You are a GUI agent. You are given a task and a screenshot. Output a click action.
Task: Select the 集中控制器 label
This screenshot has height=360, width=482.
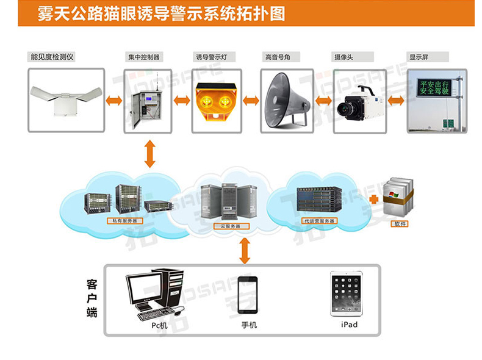coord(143,57)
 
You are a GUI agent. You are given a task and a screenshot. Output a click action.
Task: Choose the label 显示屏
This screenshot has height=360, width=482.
coord(419,57)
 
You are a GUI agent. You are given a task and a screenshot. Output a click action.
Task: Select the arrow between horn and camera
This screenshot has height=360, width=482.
coord(323,100)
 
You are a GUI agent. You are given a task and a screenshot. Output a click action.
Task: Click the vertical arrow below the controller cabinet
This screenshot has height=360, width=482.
coord(149,154)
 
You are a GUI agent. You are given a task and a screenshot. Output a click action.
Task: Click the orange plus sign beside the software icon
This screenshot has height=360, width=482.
coord(373,200)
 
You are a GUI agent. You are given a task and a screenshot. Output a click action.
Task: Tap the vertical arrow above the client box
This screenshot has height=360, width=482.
coord(245,250)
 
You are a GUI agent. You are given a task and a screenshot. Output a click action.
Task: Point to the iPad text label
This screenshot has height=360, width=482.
coord(350,325)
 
